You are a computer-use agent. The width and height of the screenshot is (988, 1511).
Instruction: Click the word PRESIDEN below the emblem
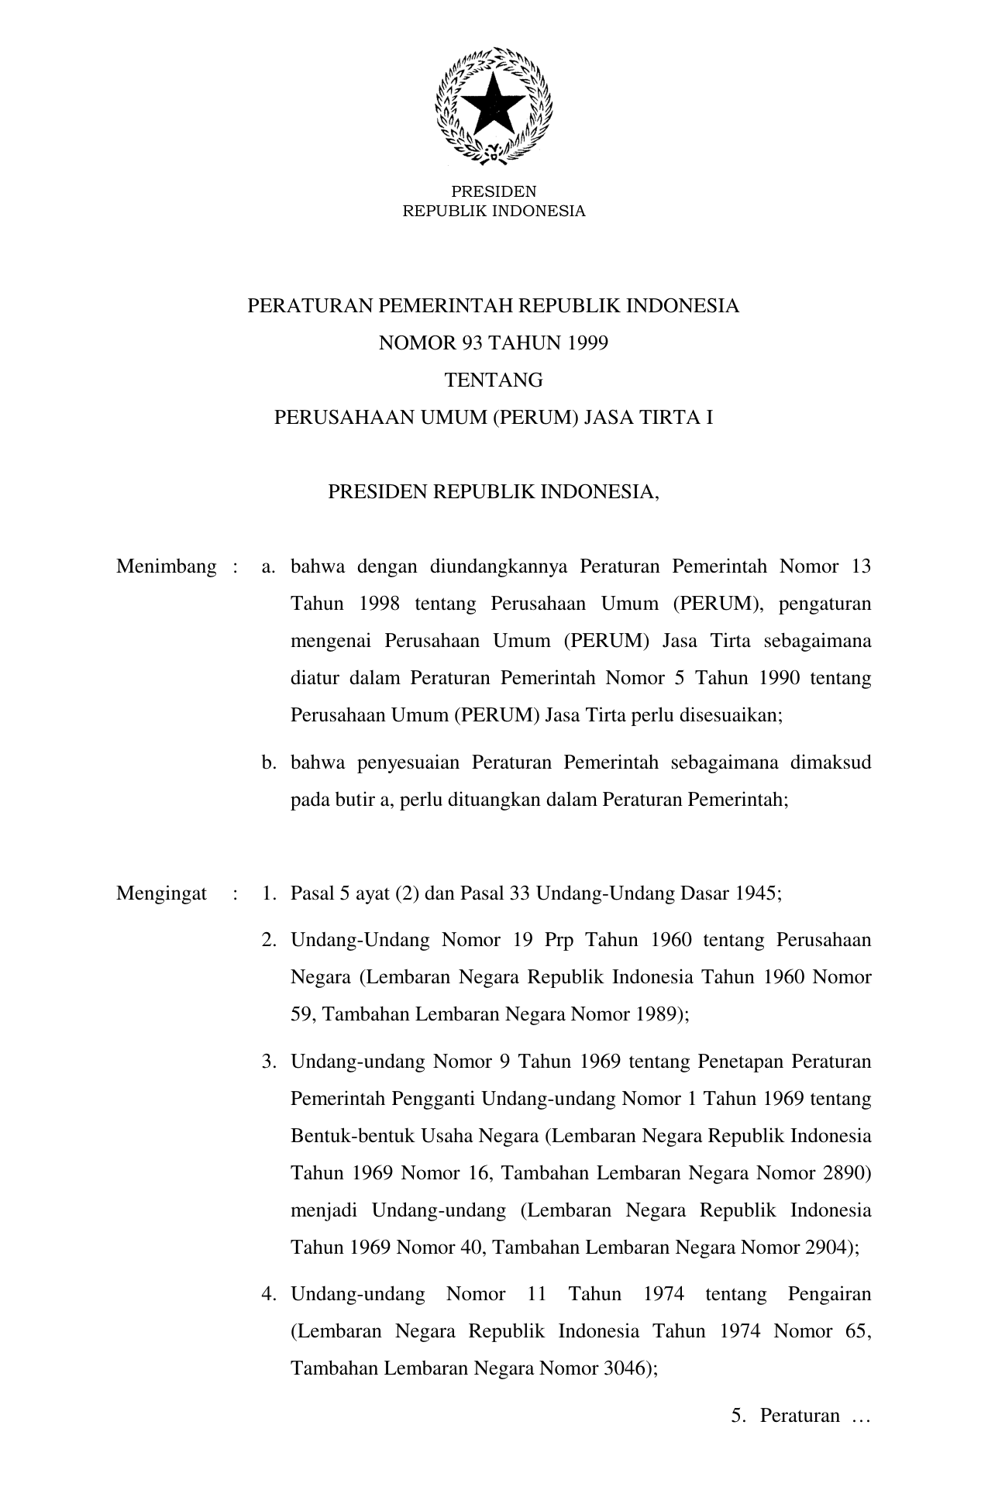point(494,191)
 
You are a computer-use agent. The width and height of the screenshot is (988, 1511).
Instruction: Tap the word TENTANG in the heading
point(494,380)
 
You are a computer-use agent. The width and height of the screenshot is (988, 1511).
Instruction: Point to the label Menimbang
point(166,566)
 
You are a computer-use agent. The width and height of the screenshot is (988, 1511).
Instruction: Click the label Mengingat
point(161,893)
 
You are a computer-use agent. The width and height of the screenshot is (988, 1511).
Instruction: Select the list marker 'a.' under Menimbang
point(269,566)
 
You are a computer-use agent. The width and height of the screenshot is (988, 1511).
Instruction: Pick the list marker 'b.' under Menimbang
point(269,762)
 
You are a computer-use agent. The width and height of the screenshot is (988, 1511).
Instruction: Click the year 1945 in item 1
point(759,893)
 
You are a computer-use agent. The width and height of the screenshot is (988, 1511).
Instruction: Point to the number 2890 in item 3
point(848,1173)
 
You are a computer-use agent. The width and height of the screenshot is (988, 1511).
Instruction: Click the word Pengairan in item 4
point(829,1294)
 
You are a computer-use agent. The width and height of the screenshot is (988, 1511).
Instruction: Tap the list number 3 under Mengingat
point(268,1062)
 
